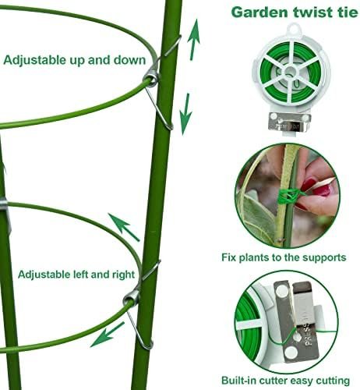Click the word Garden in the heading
pyautogui.click(x=259, y=12)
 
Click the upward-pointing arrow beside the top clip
pyautogui.click(x=194, y=40)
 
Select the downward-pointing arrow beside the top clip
pyautogui.click(x=186, y=114)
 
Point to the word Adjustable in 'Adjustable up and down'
pyautogui.click(x=35, y=60)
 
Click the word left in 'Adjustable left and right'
pyautogui.click(x=80, y=275)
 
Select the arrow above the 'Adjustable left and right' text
pyautogui.click(x=124, y=227)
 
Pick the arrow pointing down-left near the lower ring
pyautogui.click(x=108, y=335)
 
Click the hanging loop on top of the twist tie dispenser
pyautogui.click(x=295, y=28)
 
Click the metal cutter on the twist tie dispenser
pyautogui.click(x=289, y=121)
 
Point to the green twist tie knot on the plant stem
pyautogui.click(x=288, y=196)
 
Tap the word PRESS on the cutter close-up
pyautogui.click(x=308, y=333)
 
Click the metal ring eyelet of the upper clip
pyautogui.click(x=151, y=77)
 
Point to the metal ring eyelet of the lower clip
pyautogui.click(x=132, y=298)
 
